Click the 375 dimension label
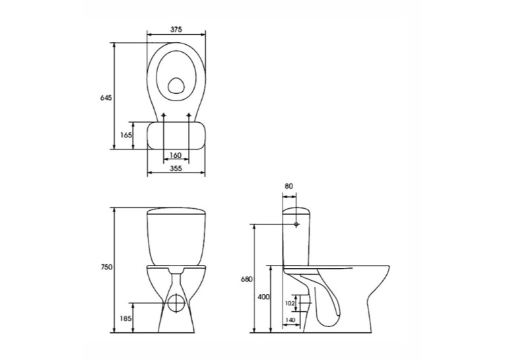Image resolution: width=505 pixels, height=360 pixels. click(x=176, y=29)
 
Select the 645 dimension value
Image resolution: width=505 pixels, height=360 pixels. click(x=106, y=98)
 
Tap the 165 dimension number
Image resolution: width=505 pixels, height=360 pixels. click(x=126, y=135)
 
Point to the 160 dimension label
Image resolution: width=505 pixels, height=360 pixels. click(x=175, y=155)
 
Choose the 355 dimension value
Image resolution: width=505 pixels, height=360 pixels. click(x=176, y=168)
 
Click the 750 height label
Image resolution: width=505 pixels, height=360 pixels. click(x=106, y=267)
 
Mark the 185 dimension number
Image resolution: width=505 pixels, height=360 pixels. click(x=126, y=319)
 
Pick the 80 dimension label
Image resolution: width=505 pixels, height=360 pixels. click(x=289, y=186)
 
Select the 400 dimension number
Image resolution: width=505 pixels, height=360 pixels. click(x=263, y=297)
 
